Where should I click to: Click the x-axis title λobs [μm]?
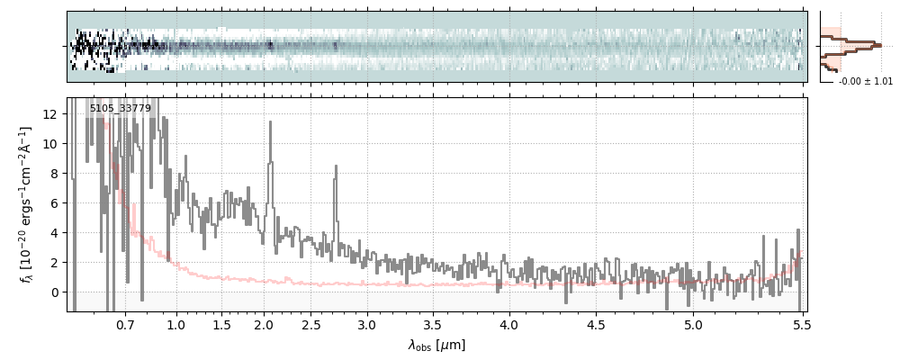[436, 345]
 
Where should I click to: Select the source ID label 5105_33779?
[121, 109]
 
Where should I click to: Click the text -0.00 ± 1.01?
[865, 82]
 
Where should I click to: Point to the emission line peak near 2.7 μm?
[336, 166]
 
